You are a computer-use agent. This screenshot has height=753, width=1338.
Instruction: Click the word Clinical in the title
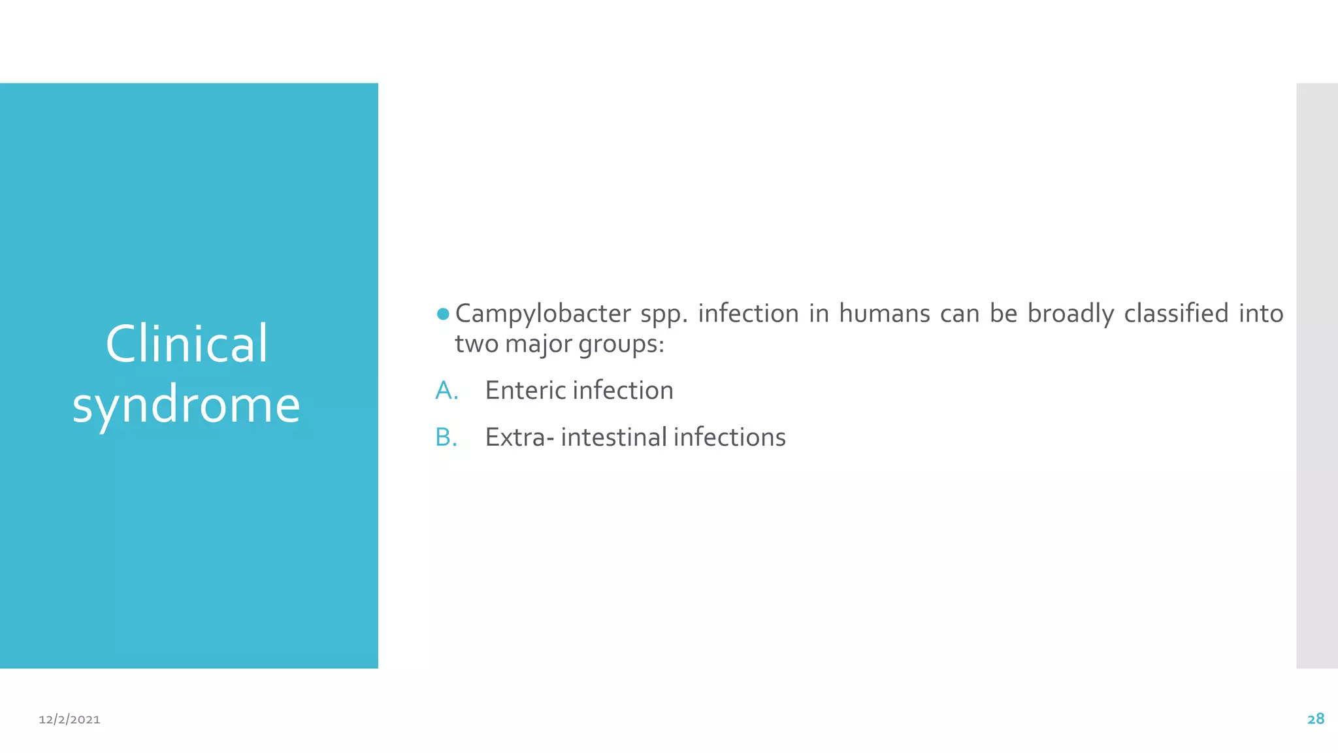tap(187, 344)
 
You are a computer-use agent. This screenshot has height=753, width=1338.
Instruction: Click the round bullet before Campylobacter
tap(443, 314)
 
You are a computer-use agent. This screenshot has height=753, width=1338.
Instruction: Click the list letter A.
tap(446, 391)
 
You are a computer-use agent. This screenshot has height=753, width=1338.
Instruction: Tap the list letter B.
tap(446, 437)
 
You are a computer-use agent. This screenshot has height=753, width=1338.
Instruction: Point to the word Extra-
tap(519, 437)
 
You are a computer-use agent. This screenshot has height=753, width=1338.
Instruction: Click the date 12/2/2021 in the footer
tap(69, 720)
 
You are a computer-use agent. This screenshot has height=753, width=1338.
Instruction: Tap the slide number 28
tap(1316, 719)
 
